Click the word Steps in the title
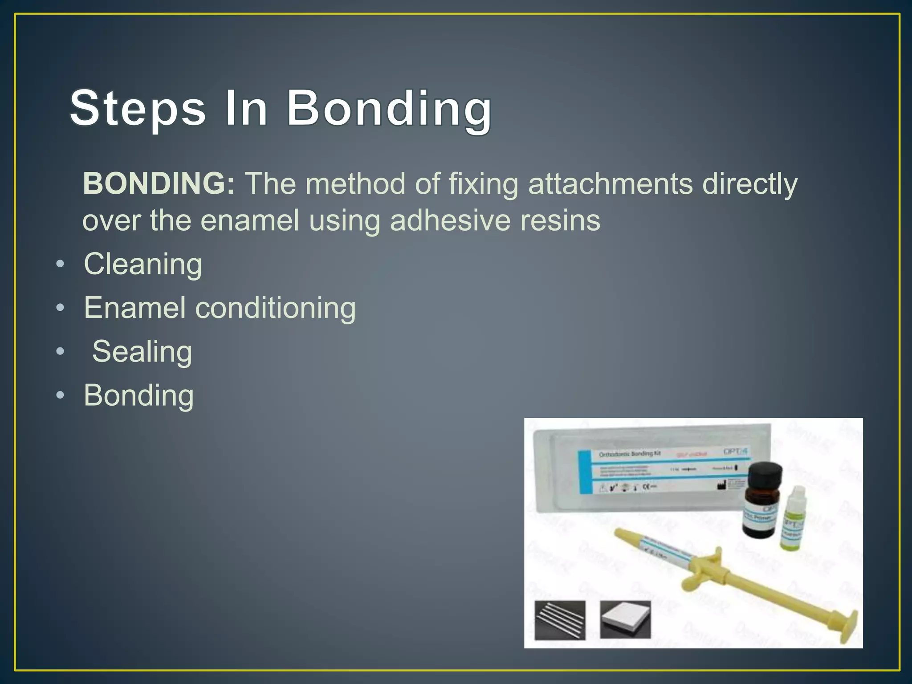click(x=138, y=108)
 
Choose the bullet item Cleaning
click(x=143, y=264)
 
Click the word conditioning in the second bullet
click(x=276, y=308)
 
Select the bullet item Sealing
click(x=142, y=351)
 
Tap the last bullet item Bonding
click(x=139, y=395)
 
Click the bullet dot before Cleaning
click(x=60, y=265)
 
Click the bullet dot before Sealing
click(x=60, y=352)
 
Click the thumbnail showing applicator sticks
click(x=560, y=620)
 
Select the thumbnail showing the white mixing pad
click(x=625, y=619)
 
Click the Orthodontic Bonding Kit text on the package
click(x=629, y=454)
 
